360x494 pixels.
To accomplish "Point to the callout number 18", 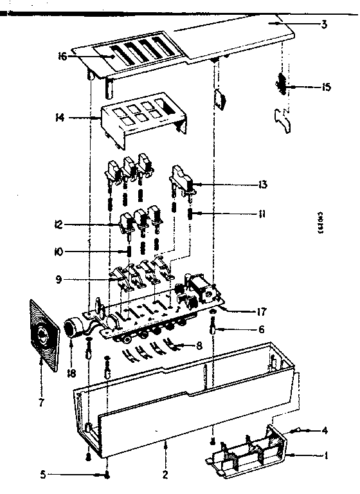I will [71, 371].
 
